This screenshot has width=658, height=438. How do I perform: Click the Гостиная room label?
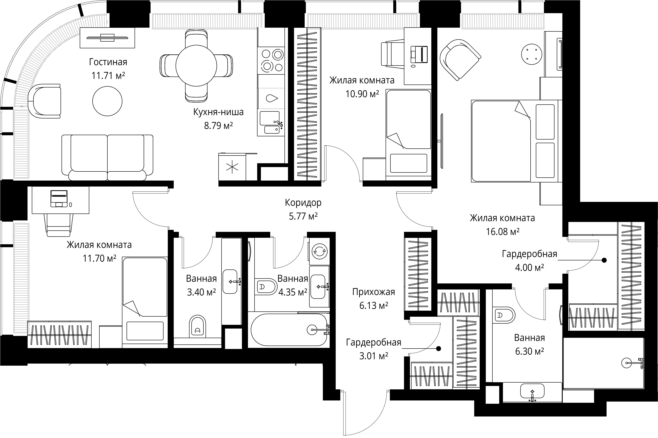click(x=108, y=62)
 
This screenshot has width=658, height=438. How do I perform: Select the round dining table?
click(x=196, y=66)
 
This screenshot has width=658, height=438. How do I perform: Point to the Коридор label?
click(x=303, y=203)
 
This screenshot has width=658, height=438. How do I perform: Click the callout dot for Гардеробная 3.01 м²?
click(x=439, y=349)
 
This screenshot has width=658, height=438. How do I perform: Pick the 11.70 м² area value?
click(x=99, y=258)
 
